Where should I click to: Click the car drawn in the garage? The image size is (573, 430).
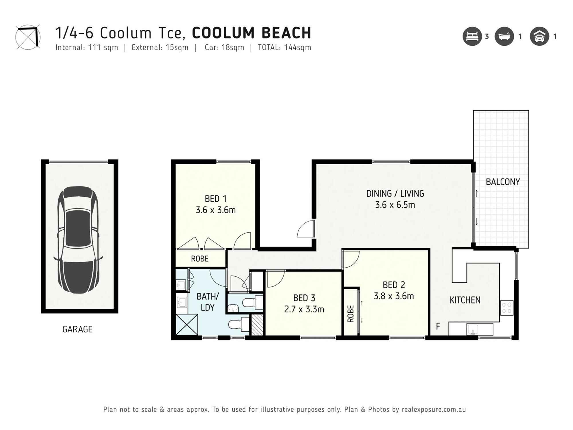click(x=78, y=240)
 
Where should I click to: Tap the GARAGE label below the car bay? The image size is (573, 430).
click(x=77, y=329)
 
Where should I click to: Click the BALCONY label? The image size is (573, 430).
click(x=503, y=182)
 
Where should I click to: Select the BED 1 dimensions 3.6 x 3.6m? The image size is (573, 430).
click(x=215, y=210)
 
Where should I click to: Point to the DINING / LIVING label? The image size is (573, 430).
click(x=395, y=194)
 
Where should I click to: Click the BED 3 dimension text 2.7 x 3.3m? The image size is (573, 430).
click(x=304, y=309)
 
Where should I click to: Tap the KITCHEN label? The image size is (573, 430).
click(x=465, y=300)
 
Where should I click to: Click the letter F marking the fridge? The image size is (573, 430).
click(x=438, y=326)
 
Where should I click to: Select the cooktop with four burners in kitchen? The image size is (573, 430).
click(x=507, y=308)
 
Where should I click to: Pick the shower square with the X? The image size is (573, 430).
click(x=187, y=325)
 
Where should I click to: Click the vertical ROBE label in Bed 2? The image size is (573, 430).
click(x=351, y=314)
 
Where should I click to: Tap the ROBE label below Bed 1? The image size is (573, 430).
click(x=200, y=259)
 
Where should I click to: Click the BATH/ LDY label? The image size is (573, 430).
click(x=207, y=302)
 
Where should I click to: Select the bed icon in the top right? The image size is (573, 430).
click(x=472, y=36)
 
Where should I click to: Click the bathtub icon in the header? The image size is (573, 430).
click(x=504, y=36)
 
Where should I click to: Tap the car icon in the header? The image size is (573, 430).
click(x=539, y=36)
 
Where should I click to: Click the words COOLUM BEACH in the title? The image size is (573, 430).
click(x=251, y=33)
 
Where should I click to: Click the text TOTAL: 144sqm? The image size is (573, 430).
click(x=284, y=48)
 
